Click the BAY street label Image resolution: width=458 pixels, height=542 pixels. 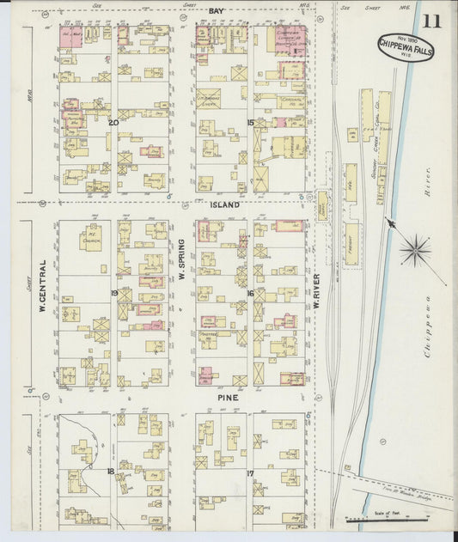pyautogui.click(x=217, y=10)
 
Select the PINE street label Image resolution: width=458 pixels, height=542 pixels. pyautogui.click(x=228, y=399)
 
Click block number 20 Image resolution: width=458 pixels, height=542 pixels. pyautogui.click(x=113, y=122)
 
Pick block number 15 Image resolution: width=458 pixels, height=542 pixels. pyautogui.click(x=251, y=122)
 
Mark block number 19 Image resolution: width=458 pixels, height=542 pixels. pyautogui.click(x=113, y=293)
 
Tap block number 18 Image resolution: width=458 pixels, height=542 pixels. pyautogui.click(x=111, y=472)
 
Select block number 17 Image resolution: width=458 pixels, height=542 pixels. pyautogui.click(x=250, y=473)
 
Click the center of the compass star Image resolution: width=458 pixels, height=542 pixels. pyautogui.click(x=417, y=250)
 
